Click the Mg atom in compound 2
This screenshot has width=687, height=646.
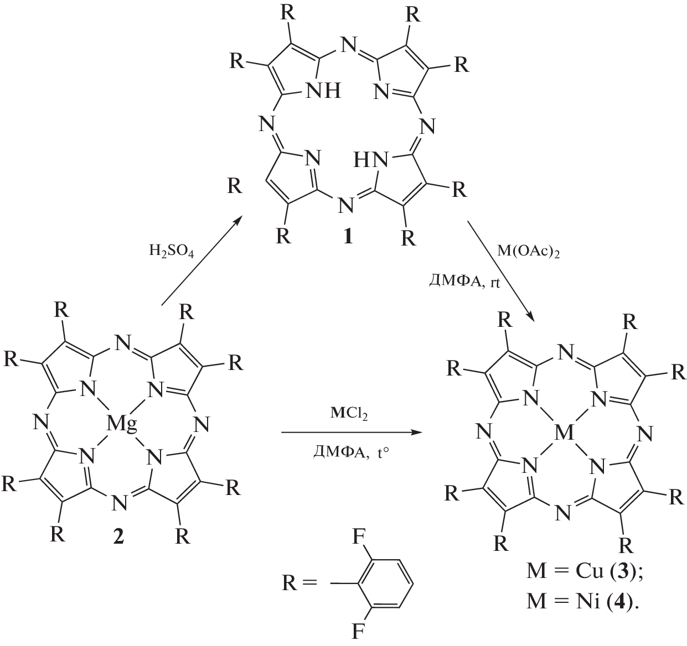[x=119, y=425]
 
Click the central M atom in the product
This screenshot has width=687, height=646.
[x=564, y=432]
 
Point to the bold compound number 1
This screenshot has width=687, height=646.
[x=348, y=237]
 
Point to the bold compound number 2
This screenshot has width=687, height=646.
[x=118, y=536]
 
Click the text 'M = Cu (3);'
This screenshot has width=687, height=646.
[x=585, y=571]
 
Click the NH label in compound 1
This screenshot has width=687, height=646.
[x=324, y=90]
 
